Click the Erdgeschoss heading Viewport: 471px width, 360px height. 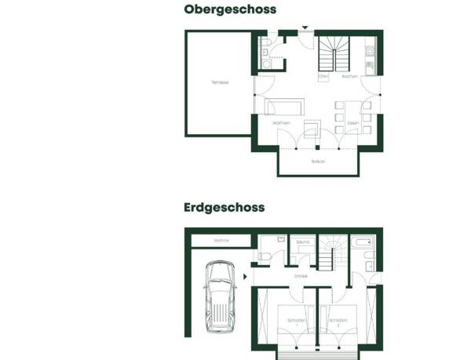pos(225,208)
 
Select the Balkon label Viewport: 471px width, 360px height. pos(318,161)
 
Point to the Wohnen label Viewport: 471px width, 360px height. pos(281,123)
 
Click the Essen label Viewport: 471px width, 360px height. pos(352,123)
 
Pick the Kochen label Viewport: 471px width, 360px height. pos(350,77)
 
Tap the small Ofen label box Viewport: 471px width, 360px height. pos(323,77)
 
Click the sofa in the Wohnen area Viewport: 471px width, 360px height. pos(283,107)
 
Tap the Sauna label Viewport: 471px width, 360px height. pos(303,242)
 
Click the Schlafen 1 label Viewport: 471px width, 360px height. pos(296,321)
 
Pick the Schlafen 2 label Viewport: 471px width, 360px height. pos(338,321)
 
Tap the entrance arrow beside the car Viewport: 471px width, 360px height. pos(245,276)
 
